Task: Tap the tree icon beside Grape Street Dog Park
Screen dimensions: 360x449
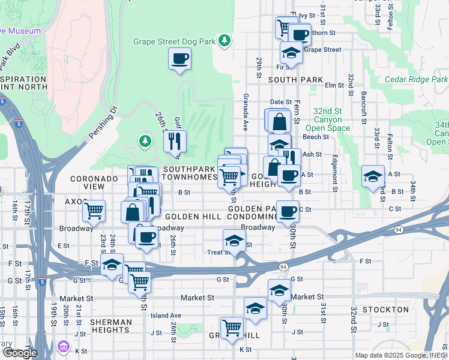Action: point(224,40)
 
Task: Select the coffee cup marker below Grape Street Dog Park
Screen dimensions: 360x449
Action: point(180,59)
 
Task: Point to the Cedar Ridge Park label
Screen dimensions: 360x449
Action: point(416,79)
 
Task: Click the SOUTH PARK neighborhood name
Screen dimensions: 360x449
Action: point(295,80)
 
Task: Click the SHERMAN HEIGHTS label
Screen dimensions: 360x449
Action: point(111,326)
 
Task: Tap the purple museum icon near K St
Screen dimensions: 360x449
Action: point(64,346)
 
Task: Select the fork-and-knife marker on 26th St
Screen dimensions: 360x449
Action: point(175,142)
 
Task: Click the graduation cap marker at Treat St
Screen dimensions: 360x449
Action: point(234,241)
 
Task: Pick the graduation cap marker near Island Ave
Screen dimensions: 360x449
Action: point(255,308)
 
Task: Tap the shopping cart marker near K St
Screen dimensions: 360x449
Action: point(232,328)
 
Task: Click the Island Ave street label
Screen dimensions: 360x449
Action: point(166,316)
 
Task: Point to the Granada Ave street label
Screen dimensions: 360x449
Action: point(246,112)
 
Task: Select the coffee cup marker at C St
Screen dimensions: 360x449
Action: point(288,211)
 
